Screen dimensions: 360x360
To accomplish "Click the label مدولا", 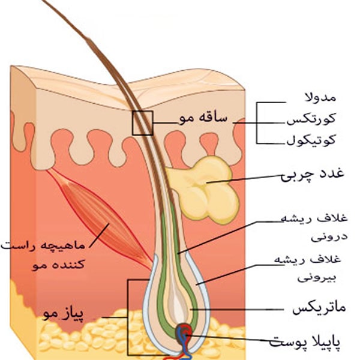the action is pos(320,97).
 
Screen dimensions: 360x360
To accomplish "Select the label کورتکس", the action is pos(311,119).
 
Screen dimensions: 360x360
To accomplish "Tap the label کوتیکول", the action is pos(311,139).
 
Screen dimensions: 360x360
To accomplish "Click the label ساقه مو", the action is pos(203,118).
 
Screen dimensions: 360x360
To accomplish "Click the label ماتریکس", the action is pos(319,308).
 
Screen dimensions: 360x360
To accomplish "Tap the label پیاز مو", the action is pos(64,314).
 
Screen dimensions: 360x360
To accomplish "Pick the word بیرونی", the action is pos(317,277).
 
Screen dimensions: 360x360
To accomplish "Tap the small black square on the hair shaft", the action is pos(143,123).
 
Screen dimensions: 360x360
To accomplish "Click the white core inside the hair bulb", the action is pos(177,303).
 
